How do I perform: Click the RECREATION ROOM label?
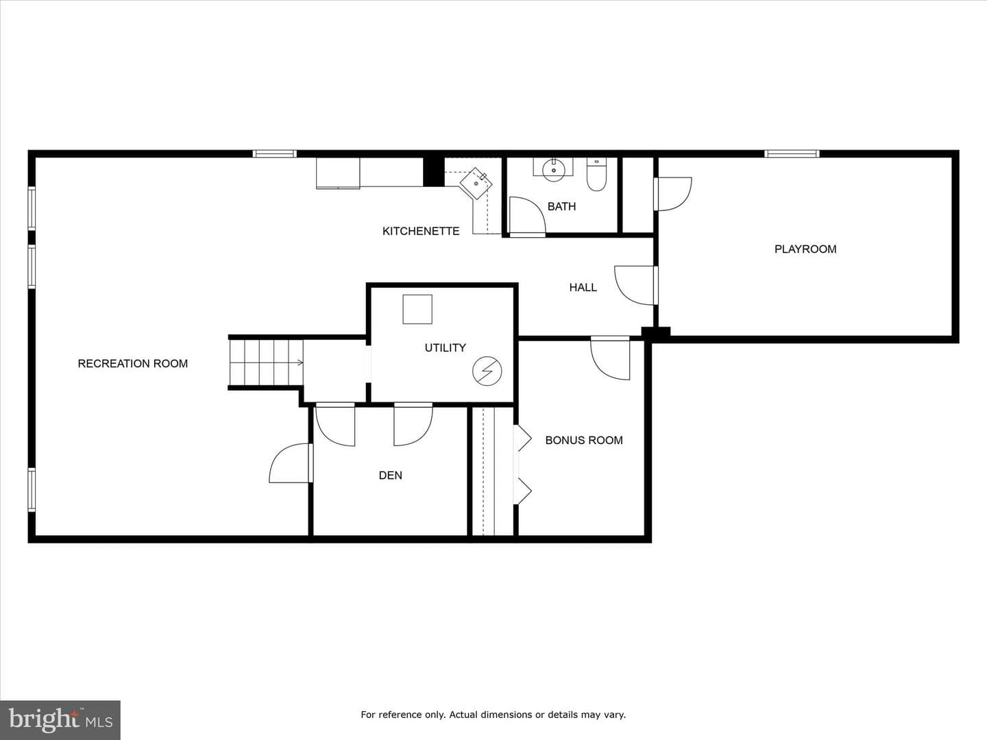133,363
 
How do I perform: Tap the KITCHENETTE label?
421,231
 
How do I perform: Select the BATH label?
561,206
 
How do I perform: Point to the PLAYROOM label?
805,249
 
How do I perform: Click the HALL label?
583,288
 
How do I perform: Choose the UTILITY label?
445,348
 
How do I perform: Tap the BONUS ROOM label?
584,441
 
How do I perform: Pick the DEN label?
390,476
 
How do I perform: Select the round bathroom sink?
554,171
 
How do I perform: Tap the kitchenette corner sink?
476,184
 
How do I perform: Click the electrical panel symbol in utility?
487,371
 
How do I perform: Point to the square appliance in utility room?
417,309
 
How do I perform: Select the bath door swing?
528,216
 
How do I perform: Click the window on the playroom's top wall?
792,153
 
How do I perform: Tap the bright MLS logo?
60,719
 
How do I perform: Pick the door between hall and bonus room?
610,358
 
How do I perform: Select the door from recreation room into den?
291,463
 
